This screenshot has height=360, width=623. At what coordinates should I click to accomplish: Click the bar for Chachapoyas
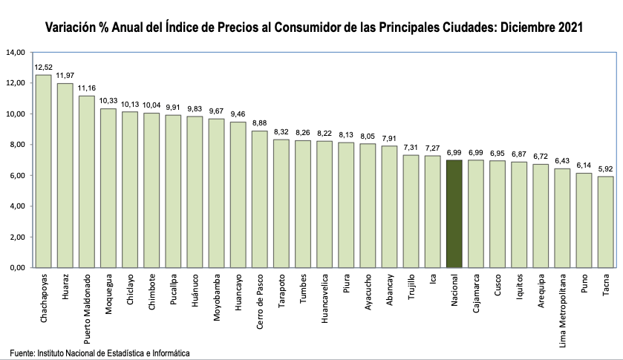pyautogui.click(x=44, y=171)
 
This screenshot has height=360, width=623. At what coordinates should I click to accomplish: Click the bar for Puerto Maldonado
pyautogui.click(x=87, y=181)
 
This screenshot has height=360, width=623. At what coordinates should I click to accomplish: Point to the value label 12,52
pyautogui.click(x=44, y=67)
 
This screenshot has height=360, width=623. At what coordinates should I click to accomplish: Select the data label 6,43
pyautogui.click(x=563, y=160)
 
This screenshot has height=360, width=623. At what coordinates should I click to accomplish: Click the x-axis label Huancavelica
pyautogui.click(x=325, y=295)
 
